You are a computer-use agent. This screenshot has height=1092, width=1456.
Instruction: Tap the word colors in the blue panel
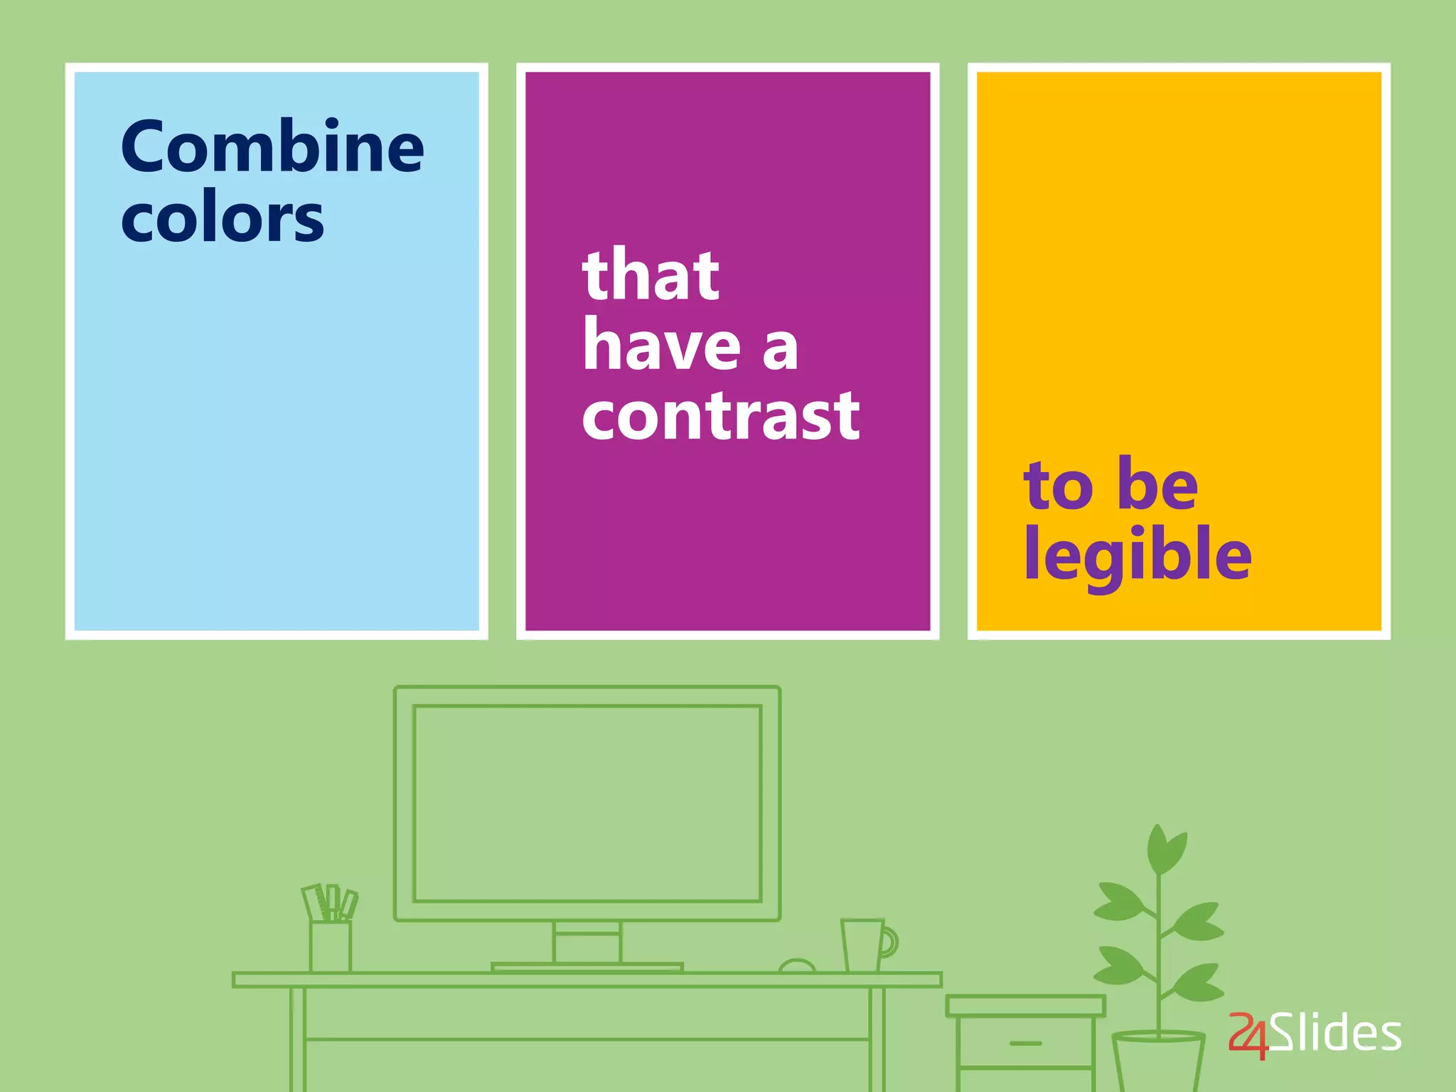pos(223,218)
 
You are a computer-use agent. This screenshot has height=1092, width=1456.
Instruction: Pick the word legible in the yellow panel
pos(1137,556)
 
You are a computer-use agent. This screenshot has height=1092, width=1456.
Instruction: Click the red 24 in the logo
pos(1249,1035)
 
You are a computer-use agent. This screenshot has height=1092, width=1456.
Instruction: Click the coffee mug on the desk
pos(863,946)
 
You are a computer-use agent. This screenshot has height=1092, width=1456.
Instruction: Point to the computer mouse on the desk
pos(797,966)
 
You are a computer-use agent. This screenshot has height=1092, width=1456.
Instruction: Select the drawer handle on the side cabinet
pos(1025,1044)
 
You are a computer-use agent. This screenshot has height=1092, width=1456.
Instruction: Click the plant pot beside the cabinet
pos(1158,1063)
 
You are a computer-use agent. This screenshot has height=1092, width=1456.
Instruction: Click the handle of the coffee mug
pos(889,942)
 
